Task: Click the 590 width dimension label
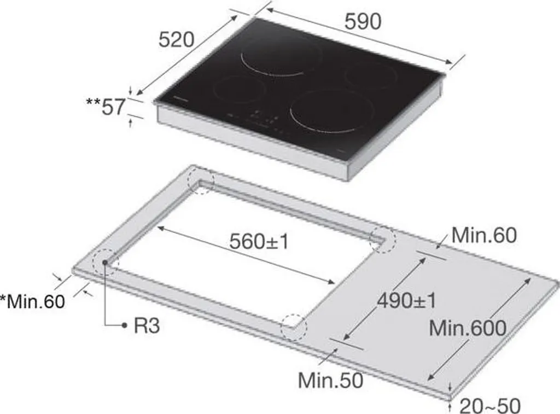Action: coord(363,21)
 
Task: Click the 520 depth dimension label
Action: coord(177,39)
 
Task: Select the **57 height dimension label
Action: coord(106,107)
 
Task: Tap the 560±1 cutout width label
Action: coord(259,242)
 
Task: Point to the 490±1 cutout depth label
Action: coord(407,301)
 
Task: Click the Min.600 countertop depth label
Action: coord(468,328)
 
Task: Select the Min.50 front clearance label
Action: coord(330,380)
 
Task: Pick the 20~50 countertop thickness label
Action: coord(490,406)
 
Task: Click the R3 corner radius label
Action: coord(147,325)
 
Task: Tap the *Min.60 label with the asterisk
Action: coord(32,302)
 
